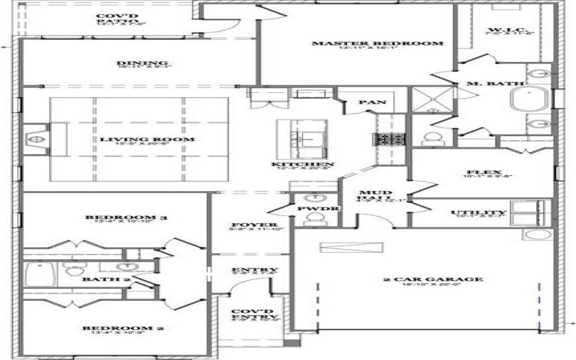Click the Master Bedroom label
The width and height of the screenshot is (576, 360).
point(377,44)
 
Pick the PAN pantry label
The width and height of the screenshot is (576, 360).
point(372,102)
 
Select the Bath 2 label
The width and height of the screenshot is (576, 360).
point(96,279)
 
